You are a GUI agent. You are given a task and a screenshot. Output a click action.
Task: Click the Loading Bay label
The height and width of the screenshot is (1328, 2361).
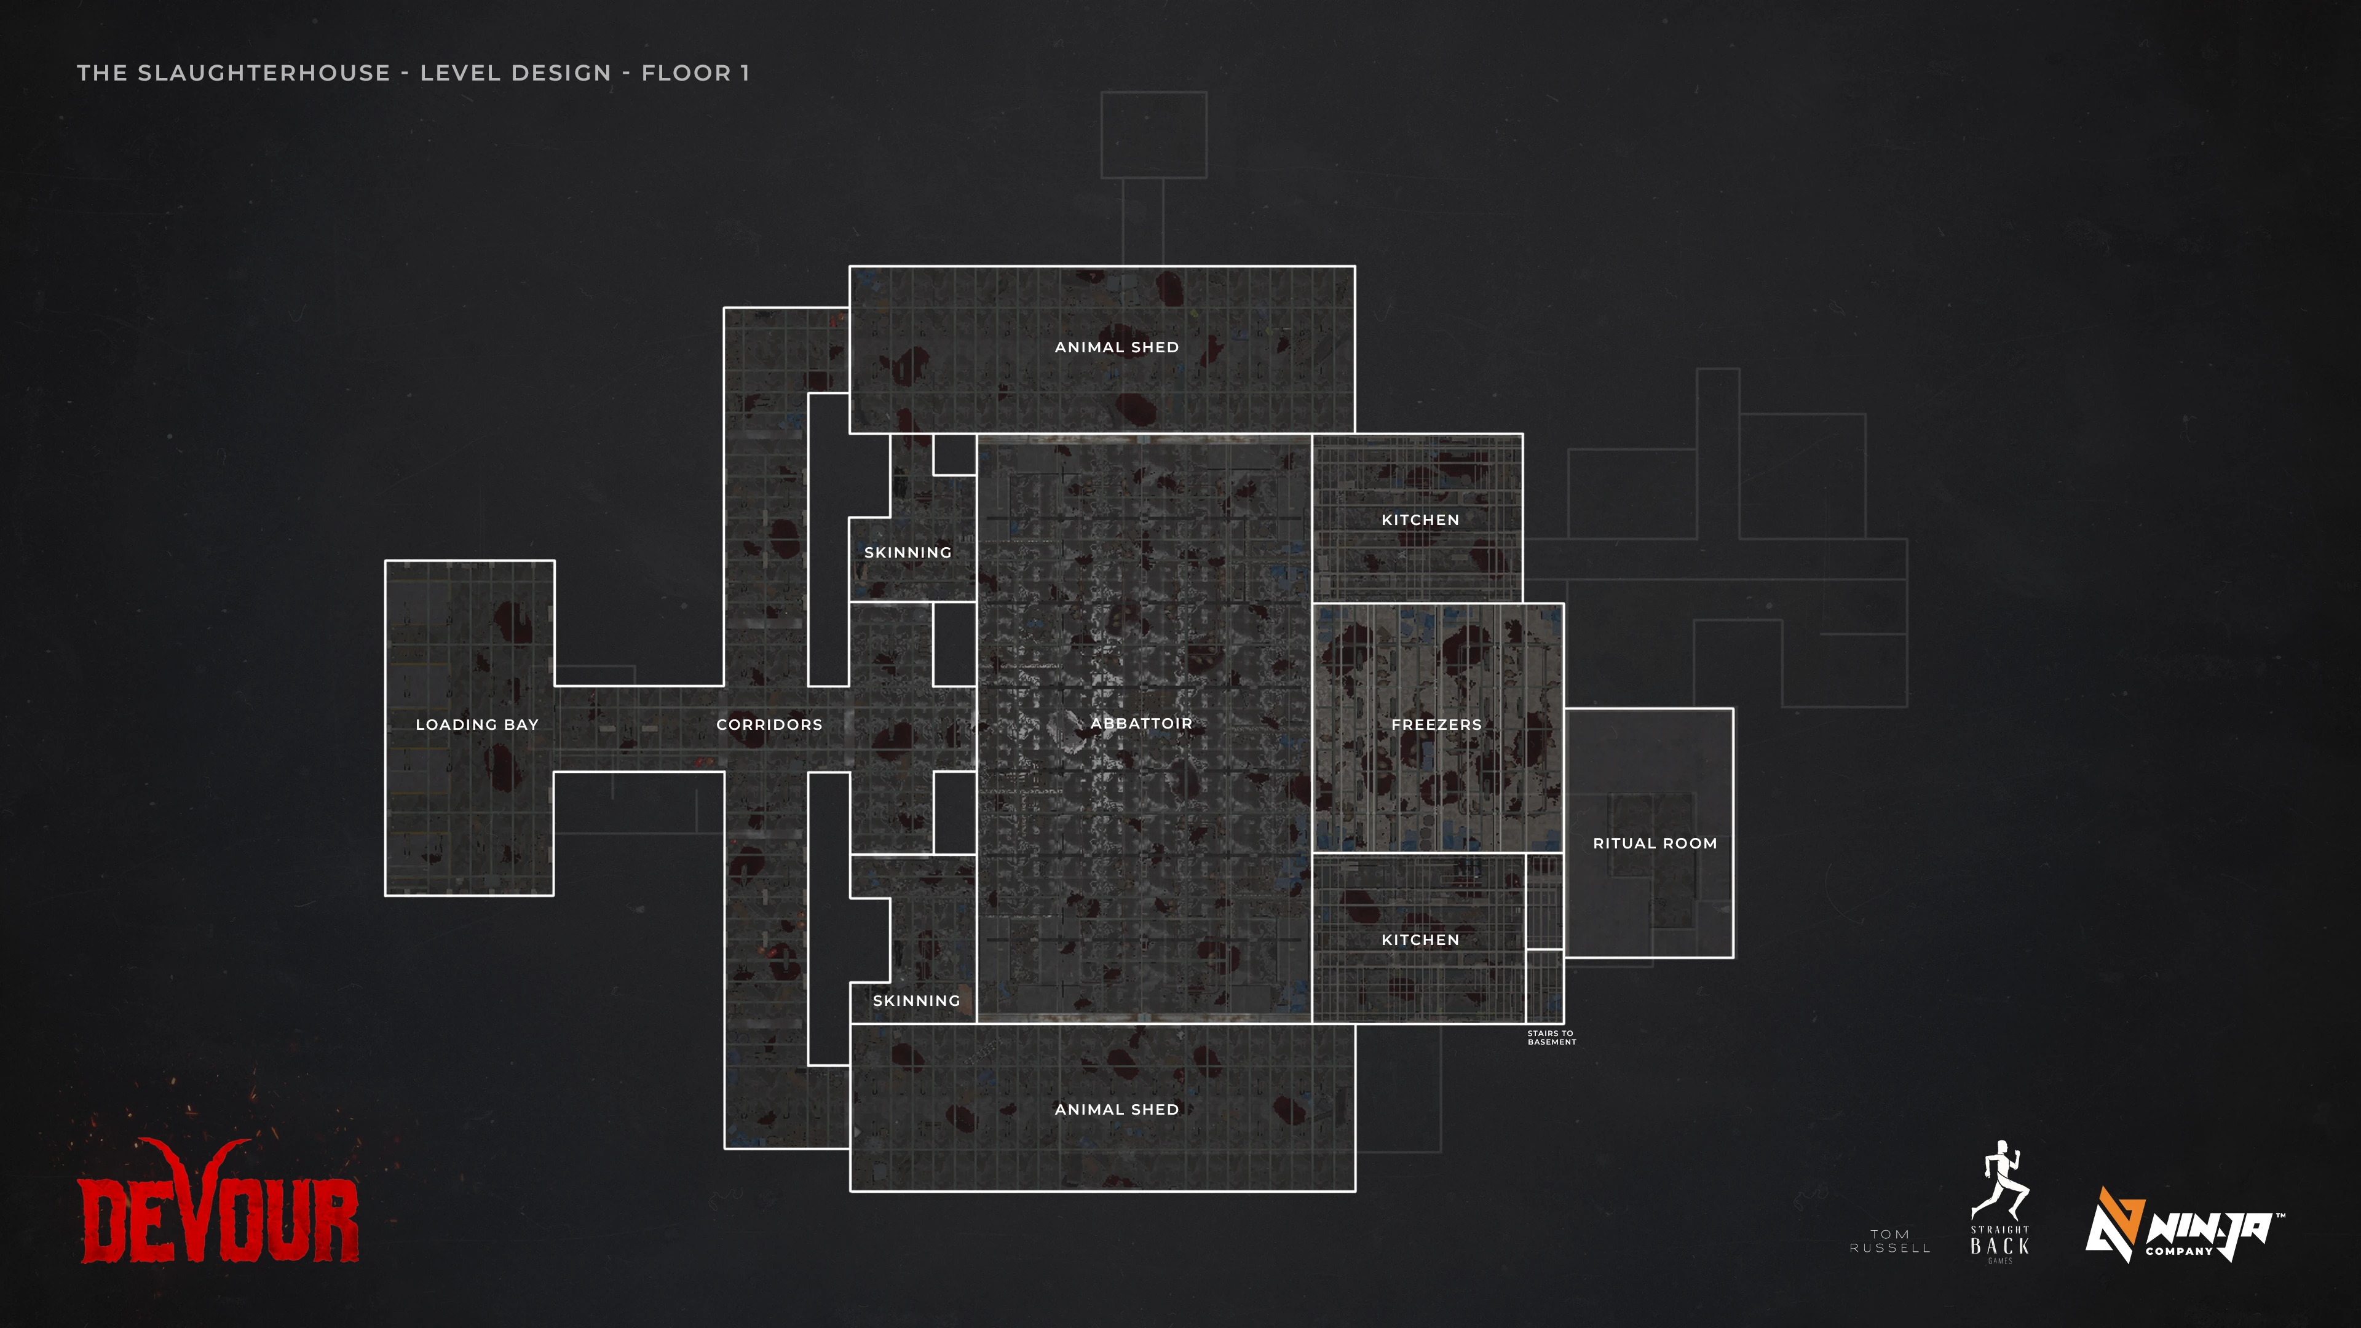pos(477,724)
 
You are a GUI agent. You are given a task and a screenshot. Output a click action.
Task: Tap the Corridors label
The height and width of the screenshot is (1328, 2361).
pos(769,724)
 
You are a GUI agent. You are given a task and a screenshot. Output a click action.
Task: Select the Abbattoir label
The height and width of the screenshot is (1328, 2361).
pos(1141,723)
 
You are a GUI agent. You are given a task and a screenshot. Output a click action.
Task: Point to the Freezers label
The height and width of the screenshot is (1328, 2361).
pos(1436,724)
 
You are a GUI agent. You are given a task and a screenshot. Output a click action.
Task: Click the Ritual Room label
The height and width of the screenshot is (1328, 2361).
pos(1655,843)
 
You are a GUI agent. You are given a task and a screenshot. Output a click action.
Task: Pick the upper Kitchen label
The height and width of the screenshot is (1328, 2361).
pos(1420,520)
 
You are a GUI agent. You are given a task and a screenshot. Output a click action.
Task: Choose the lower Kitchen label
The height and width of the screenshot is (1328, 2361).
pos(1420,939)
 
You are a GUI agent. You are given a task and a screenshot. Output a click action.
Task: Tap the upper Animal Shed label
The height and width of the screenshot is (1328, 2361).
pos(1117,346)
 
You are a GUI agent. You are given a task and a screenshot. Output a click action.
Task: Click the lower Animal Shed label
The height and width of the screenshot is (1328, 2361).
pos(1117,1109)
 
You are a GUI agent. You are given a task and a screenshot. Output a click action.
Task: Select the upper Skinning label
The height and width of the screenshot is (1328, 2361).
pos(908,551)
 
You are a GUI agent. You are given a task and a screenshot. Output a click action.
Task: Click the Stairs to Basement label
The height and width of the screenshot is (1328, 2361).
pos(1551,1037)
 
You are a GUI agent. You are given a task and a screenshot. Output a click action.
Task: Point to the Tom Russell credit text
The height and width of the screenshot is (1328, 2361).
pos(1890,1241)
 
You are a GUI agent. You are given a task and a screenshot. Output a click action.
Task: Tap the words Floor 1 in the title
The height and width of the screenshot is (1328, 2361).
pos(695,73)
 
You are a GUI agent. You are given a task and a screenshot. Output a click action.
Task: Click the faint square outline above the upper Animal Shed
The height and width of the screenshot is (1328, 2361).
pos(1153,134)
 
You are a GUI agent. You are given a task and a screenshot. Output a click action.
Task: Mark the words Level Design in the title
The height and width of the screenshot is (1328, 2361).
pos(515,73)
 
